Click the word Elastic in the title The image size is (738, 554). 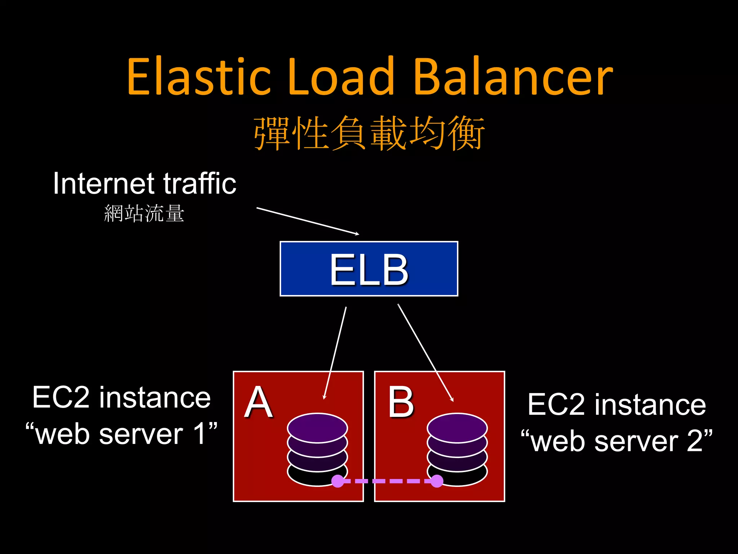point(199,77)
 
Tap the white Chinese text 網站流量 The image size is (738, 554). point(144,213)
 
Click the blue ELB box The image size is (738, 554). point(369,269)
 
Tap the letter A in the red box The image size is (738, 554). point(258,402)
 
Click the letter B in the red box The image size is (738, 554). point(400,402)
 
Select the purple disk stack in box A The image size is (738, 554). point(317,445)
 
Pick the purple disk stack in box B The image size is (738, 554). point(457,445)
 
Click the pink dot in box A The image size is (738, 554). point(338,481)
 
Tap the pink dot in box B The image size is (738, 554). point(437,481)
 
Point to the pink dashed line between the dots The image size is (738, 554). point(387,481)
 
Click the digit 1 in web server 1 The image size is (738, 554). point(200,434)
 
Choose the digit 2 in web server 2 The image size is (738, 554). point(694,441)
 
